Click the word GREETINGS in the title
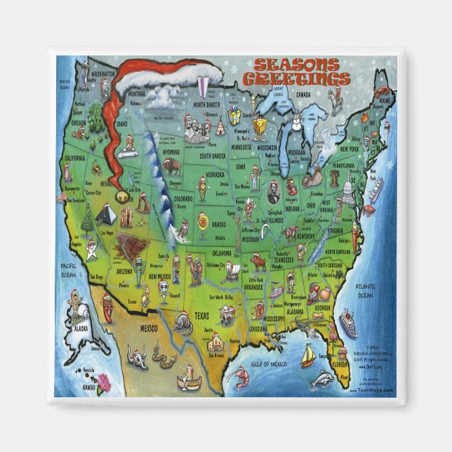[x=303, y=76]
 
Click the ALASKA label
[x=81, y=328]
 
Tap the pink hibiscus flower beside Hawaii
[x=105, y=382]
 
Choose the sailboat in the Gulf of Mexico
[x=307, y=357]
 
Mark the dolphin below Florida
[x=321, y=380]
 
